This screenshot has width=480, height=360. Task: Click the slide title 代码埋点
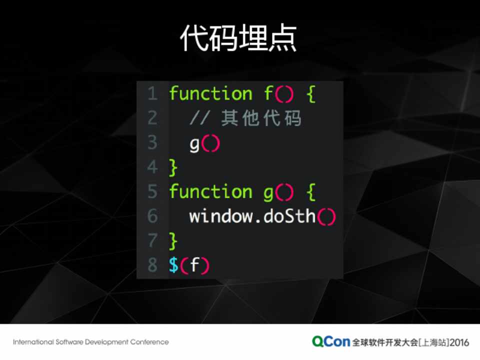238,38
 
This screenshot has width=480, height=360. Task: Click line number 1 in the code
152,93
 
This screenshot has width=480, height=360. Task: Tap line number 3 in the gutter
152,142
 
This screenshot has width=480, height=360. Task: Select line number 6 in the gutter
152,216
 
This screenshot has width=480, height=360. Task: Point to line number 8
152,265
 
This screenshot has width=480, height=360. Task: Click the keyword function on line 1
210,93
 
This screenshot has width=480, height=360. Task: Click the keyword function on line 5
210,191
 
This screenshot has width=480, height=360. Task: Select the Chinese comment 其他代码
261,118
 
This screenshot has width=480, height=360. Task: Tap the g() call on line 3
204,144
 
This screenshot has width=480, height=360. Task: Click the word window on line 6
220,216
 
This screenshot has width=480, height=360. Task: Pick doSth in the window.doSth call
289,216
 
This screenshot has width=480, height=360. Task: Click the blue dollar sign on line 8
173,265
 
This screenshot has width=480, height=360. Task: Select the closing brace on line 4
173,167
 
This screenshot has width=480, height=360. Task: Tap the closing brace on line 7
173,241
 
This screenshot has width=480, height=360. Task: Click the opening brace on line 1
311,94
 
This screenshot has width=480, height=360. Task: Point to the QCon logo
331,341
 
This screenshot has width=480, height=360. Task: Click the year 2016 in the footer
459,342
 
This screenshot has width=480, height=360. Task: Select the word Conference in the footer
149,342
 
